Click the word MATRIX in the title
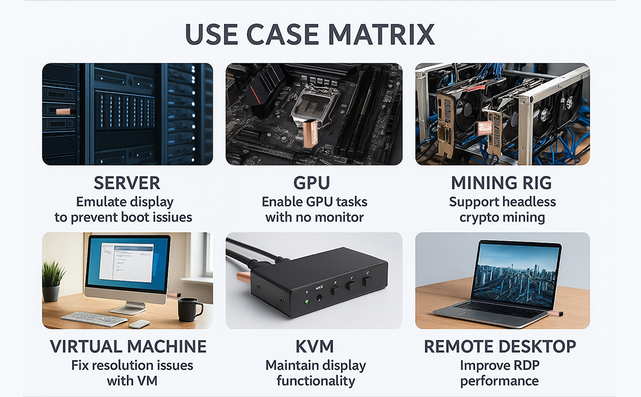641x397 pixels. point(381,34)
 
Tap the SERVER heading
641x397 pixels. point(127,183)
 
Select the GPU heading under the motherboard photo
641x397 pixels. point(311,183)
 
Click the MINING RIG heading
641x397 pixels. point(501,183)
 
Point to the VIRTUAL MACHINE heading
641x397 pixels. point(128,346)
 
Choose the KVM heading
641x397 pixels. point(315,346)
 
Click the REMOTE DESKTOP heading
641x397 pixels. point(500,346)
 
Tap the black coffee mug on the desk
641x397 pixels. point(189,309)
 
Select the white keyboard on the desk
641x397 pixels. point(94,318)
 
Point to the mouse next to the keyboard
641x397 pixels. point(139,324)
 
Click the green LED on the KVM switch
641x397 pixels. point(307,302)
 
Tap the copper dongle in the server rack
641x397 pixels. point(66,111)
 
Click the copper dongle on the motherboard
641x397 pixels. point(311,133)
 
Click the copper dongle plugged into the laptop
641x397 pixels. point(556,314)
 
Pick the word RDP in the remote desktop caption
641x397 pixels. point(525,365)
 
